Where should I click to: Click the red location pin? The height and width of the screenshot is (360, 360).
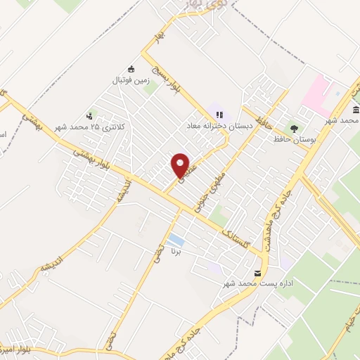pyautogui.click(x=181, y=165)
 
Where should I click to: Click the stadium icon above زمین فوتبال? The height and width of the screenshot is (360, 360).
pyautogui.click(x=130, y=68)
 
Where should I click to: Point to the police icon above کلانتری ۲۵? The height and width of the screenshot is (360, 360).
pyautogui.click(x=89, y=116)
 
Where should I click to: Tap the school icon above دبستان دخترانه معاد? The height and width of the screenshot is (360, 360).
pyautogui.click(x=219, y=115)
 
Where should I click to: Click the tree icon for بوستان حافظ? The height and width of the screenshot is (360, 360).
pyautogui.click(x=294, y=129)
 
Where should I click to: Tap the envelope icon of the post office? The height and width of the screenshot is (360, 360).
pyautogui.click(x=257, y=273)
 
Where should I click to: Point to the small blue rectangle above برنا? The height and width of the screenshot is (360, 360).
pyautogui.click(x=176, y=240)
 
